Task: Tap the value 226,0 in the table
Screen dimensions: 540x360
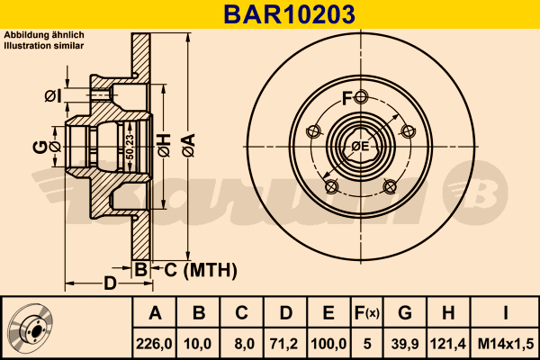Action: pyautogui.click(x=154, y=344)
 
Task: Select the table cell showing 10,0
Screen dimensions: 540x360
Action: pyautogui.click(x=198, y=344)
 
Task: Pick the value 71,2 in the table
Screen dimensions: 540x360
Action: pyautogui.click(x=285, y=344)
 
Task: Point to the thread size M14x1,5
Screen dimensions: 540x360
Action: pyautogui.click(x=506, y=344)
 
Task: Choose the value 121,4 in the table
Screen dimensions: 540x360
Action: pyautogui.click(x=448, y=344)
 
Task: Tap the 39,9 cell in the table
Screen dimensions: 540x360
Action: pyautogui.click(x=406, y=344)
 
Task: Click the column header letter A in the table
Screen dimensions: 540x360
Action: pyautogui.click(x=154, y=313)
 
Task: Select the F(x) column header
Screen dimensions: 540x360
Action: pyautogui.click(x=368, y=313)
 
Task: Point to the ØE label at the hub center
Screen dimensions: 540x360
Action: pyautogui.click(x=361, y=147)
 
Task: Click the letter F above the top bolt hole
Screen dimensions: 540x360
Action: pyautogui.click(x=346, y=98)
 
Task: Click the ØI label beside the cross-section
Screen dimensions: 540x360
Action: pyautogui.click(x=52, y=95)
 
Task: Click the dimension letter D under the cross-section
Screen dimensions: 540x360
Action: pyautogui.click(x=110, y=285)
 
